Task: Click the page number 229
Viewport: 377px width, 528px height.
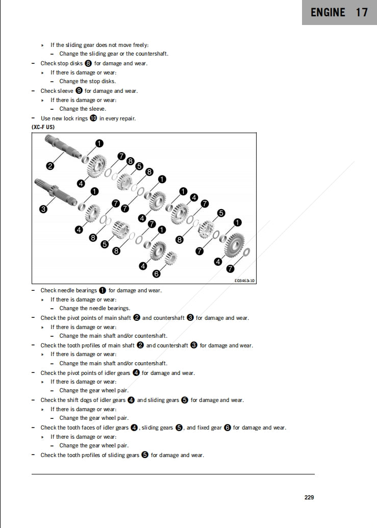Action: [309, 497]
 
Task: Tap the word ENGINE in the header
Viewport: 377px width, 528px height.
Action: [328, 13]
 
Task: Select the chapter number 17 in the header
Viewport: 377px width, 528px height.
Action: [362, 13]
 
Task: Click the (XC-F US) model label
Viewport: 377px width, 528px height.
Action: [43, 127]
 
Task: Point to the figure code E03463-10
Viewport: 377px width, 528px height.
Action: [244, 281]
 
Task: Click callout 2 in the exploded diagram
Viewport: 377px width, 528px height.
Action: [50, 165]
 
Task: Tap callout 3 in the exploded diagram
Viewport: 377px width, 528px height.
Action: [43, 209]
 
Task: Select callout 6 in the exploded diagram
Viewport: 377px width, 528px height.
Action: [156, 274]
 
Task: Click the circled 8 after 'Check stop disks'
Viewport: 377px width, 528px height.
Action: [88, 63]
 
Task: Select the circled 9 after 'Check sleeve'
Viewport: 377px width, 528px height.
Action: [79, 91]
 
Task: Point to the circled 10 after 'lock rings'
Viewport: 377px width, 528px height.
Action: [93, 118]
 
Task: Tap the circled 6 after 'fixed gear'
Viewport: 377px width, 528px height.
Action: [228, 428]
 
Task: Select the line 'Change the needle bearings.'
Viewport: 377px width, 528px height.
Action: [94, 308]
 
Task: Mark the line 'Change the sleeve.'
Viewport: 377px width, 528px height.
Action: [83, 109]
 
